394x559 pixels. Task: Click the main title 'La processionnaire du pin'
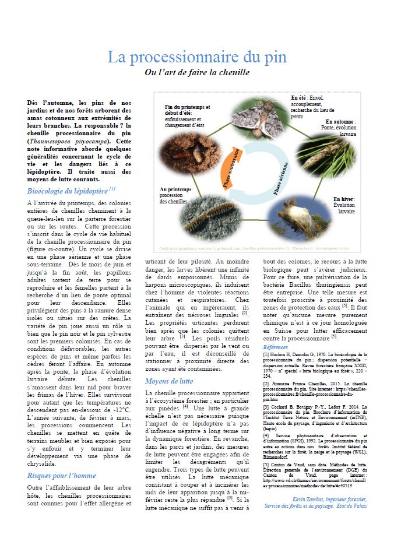(197, 57)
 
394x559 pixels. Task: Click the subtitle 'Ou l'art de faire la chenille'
(197, 73)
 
